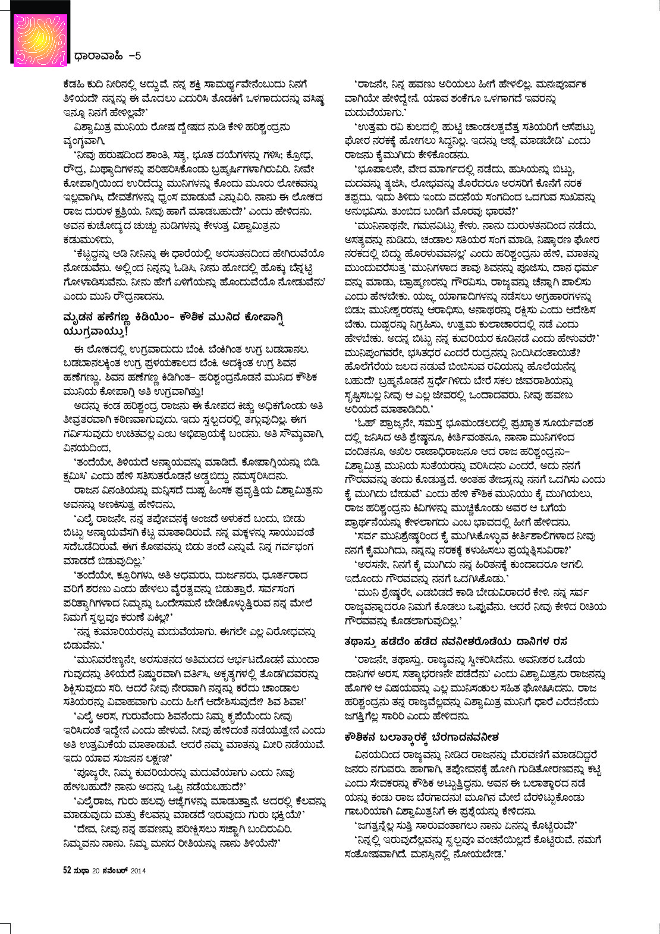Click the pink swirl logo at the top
(x=40, y=40)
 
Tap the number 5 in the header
(x=138, y=56)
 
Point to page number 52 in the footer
(x=67, y=870)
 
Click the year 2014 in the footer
(x=139, y=870)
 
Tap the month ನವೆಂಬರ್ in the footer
(x=115, y=870)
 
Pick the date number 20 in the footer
(x=96, y=870)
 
